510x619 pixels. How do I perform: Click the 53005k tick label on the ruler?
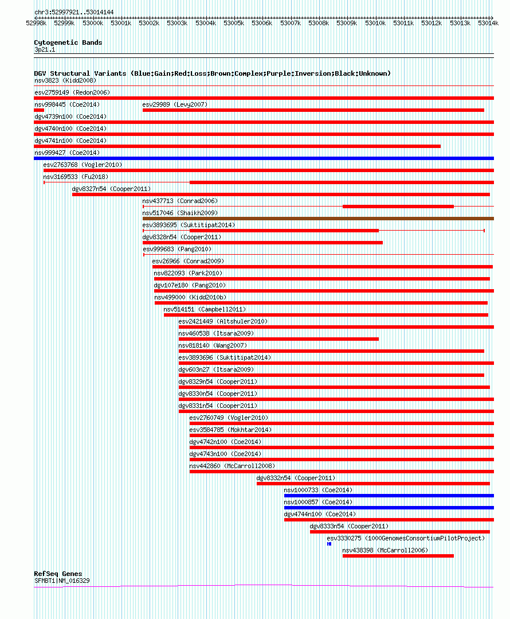click(x=233, y=24)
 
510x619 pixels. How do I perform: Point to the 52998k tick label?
click(x=36, y=24)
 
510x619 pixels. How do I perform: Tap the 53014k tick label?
click(x=488, y=24)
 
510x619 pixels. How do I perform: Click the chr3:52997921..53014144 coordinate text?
click(x=74, y=12)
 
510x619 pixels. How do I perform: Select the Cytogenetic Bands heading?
click(x=68, y=42)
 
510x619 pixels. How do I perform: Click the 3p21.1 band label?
click(x=45, y=49)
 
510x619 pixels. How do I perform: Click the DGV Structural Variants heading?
click(x=212, y=73)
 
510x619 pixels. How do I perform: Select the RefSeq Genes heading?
click(x=58, y=574)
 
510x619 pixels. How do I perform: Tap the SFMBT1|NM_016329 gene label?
click(x=62, y=581)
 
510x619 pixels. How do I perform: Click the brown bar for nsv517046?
click(x=318, y=219)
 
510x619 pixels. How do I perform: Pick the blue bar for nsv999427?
click(x=264, y=158)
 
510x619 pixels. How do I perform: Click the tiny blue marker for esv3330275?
click(x=329, y=543)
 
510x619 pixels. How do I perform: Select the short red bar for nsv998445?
click(x=39, y=110)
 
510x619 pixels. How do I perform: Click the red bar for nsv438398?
click(x=398, y=555)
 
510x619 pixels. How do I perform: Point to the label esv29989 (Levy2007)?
click(x=175, y=104)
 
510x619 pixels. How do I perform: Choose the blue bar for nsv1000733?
click(x=389, y=496)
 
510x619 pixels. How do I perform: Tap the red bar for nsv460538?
click(x=278, y=339)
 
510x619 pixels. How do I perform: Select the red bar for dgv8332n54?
click(x=373, y=484)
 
